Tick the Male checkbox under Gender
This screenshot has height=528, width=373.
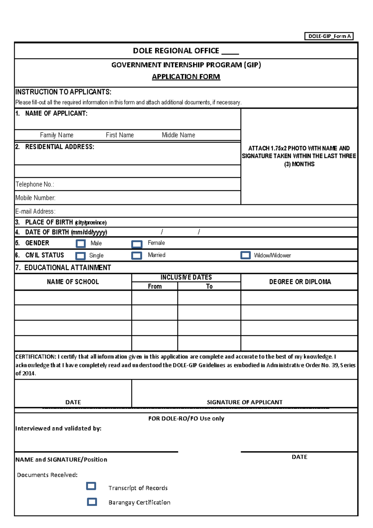point(81,243)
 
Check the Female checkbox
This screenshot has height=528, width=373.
point(137,244)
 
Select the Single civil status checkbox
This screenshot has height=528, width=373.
point(81,256)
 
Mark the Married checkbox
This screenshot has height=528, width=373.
point(137,255)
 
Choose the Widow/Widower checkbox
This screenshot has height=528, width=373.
point(246,255)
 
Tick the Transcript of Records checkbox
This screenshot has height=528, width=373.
point(91,486)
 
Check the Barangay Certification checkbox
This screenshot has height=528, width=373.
point(92,502)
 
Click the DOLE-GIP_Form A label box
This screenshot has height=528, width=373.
point(329,36)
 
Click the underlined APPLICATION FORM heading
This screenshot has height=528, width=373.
point(186,77)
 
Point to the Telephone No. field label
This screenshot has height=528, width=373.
point(35,184)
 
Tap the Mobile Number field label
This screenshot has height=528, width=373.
point(35,198)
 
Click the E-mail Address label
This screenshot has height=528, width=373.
point(35,211)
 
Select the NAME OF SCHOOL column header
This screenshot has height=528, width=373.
point(73,282)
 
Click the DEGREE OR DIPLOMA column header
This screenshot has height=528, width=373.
point(300,282)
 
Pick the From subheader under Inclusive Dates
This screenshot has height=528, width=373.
point(155,286)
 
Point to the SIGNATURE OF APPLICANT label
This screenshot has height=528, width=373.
point(245,402)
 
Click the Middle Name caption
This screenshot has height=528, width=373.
point(178,135)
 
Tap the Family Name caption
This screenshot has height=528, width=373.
point(57,135)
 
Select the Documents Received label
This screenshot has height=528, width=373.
point(47,475)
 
